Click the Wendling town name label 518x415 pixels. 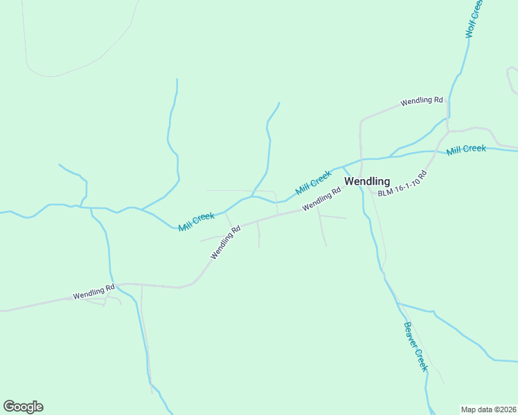[367, 182]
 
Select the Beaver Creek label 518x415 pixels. [416, 347]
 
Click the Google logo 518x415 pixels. [23, 407]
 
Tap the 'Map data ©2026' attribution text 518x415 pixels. [488, 409]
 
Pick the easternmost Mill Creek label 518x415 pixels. [466, 149]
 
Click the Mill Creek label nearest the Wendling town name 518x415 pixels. [313, 183]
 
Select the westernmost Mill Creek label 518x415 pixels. [196, 221]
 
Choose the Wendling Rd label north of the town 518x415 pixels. [421, 101]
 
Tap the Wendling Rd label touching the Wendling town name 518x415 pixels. [322, 199]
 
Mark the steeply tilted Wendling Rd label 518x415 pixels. [225, 242]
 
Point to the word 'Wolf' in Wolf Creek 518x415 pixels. [470, 29]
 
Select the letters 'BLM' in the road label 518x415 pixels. [385, 192]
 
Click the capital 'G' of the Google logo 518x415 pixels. [9, 407]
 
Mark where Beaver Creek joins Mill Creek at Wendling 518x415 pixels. [344, 167]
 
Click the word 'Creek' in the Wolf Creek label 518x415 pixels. [476, 9]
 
